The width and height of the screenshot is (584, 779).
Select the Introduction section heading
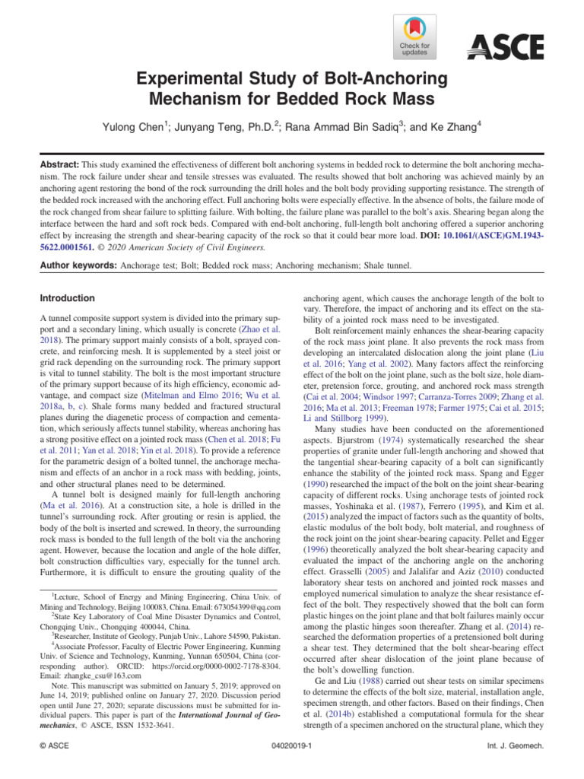click(x=68, y=298)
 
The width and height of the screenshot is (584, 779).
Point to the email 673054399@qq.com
click(x=243, y=607)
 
